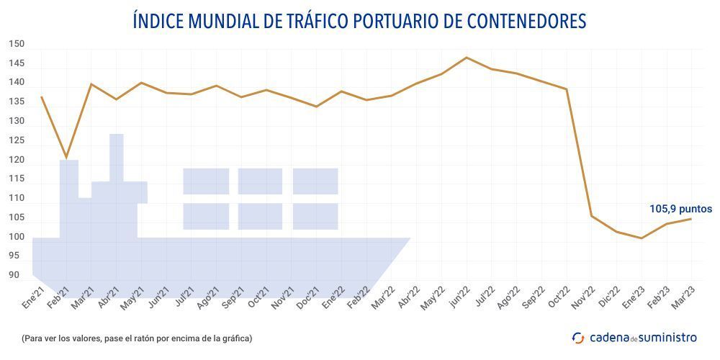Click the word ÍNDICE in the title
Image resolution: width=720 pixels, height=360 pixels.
(158, 22)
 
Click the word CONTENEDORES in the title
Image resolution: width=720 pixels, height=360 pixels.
(525, 22)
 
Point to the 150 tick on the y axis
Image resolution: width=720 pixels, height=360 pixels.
(17, 44)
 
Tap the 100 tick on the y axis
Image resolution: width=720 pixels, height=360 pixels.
(17, 237)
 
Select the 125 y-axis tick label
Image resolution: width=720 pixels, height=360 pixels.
(17, 140)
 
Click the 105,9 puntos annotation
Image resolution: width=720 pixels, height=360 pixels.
(680, 209)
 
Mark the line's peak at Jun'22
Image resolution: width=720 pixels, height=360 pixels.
(467, 58)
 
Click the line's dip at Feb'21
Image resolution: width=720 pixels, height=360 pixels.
(66, 157)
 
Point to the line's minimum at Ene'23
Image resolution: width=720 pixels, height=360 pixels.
(642, 238)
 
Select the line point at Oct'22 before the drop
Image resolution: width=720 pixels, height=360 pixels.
(567, 89)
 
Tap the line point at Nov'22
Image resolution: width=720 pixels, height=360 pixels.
(591, 216)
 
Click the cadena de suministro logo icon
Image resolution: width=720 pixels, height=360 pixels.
(577, 337)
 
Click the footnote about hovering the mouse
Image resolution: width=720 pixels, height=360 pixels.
(137, 338)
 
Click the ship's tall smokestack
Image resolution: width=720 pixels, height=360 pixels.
(116, 157)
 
